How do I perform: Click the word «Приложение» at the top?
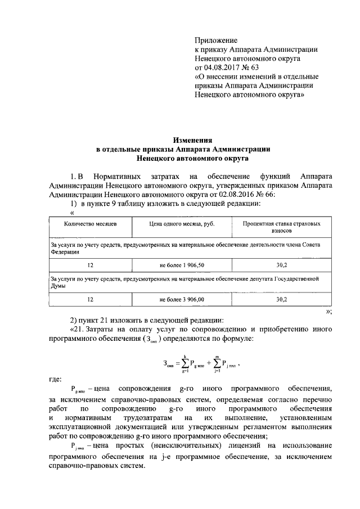pos(216,40)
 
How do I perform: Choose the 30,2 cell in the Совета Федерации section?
pos(281,264)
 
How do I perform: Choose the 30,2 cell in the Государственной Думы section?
pos(281,299)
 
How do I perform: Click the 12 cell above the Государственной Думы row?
pos(90,264)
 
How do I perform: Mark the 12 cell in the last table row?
pos(90,299)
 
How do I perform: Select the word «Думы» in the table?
pos(58,286)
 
